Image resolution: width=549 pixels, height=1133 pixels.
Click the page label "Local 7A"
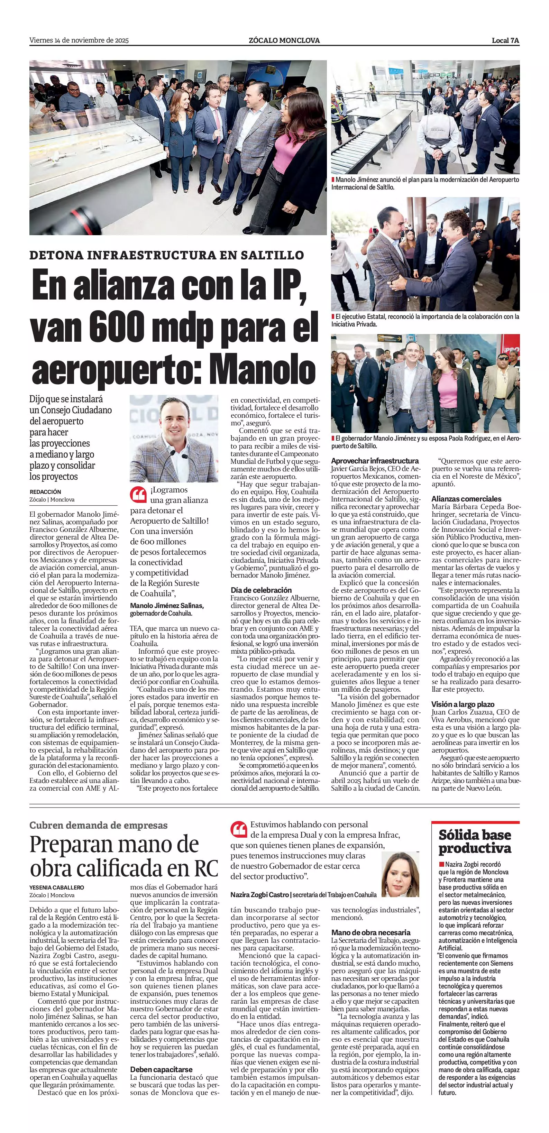coord(505,40)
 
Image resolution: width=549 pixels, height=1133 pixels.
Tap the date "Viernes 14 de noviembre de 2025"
coord(79,40)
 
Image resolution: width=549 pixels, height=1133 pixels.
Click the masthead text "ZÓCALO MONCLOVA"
coord(284,40)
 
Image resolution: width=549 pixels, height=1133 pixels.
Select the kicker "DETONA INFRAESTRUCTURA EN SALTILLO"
coord(167,255)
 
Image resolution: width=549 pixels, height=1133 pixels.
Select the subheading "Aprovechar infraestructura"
coord(375,461)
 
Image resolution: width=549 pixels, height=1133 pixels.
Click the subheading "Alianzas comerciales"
coord(466,499)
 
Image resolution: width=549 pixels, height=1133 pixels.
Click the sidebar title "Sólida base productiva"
coord(475,841)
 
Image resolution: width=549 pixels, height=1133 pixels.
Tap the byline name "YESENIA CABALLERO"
coord(57,887)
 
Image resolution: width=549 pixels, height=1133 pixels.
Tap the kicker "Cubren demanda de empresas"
coord(99,825)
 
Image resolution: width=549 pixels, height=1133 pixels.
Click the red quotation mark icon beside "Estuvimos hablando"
coord(238,829)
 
